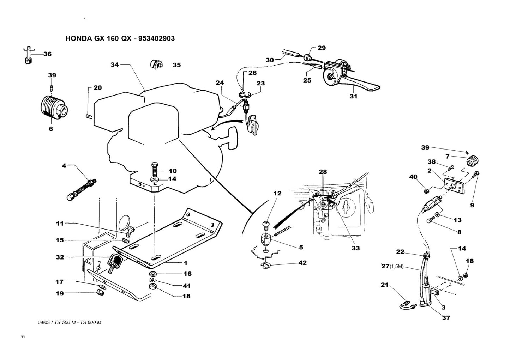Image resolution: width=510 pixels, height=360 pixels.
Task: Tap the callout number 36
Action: pos(47,54)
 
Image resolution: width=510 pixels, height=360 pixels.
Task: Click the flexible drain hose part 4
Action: pos(81,188)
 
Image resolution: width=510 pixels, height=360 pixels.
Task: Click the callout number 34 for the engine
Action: pos(114,65)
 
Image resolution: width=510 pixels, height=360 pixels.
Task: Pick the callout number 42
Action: pos(302,263)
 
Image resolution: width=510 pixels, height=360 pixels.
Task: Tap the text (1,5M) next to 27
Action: pos(396,266)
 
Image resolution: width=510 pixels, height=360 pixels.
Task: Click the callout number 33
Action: pos(355,248)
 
